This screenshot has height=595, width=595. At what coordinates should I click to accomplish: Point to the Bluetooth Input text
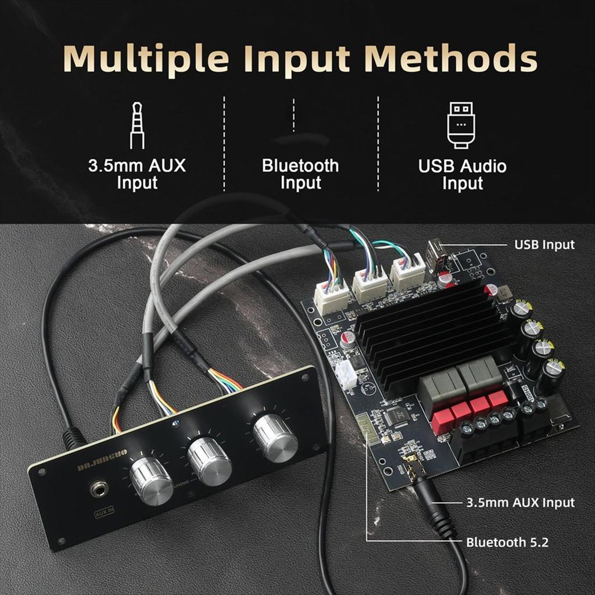[x=300, y=174]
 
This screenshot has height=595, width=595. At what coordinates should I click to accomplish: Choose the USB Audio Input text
[x=463, y=174]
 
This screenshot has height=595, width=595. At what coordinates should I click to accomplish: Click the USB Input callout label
[x=544, y=245]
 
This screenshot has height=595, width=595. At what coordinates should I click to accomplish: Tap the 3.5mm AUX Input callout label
[x=520, y=503]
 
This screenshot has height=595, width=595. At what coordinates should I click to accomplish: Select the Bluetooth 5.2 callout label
[x=507, y=543]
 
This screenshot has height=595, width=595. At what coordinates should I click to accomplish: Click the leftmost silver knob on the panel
[x=151, y=481]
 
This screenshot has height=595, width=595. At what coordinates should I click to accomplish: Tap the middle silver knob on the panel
[x=210, y=461]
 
